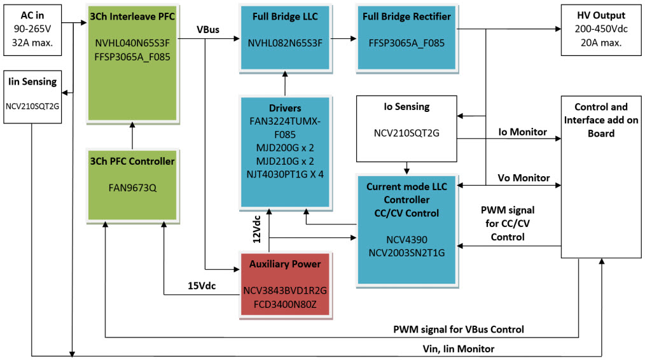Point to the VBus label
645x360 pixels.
point(209,29)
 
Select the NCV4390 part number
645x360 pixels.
point(406,240)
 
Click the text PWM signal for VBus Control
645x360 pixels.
point(459,329)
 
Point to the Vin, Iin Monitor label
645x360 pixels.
point(459,349)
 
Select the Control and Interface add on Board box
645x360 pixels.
point(600,177)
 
